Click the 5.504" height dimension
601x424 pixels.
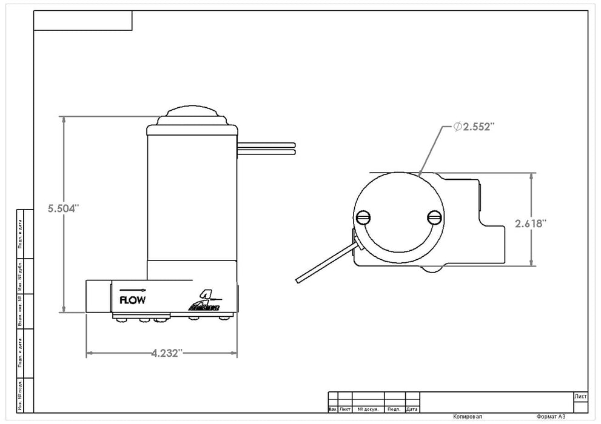click(64, 208)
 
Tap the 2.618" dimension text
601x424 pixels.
click(531, 224)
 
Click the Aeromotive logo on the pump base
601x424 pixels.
click(206, 301)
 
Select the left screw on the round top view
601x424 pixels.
click(364, 216)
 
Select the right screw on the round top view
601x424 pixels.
click(434, 216)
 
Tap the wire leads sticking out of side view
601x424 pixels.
click(267, 148)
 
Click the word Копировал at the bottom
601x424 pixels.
click(468, 417)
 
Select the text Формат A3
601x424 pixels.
click(553, 417)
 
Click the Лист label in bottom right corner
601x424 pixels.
click(580, 396)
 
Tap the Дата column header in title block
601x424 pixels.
click(412, 409)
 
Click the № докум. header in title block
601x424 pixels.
click(368, 409)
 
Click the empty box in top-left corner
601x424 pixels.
click(82, 21)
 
